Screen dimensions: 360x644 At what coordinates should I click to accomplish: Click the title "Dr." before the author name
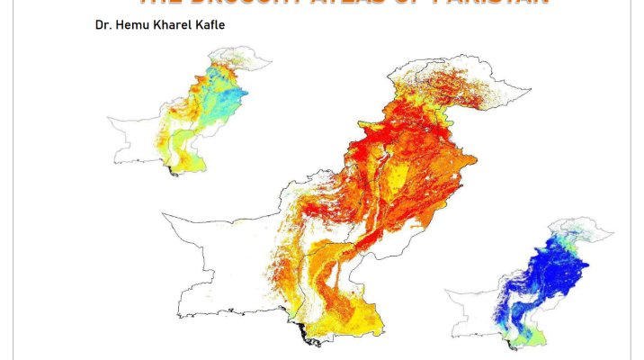click(102, 24)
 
